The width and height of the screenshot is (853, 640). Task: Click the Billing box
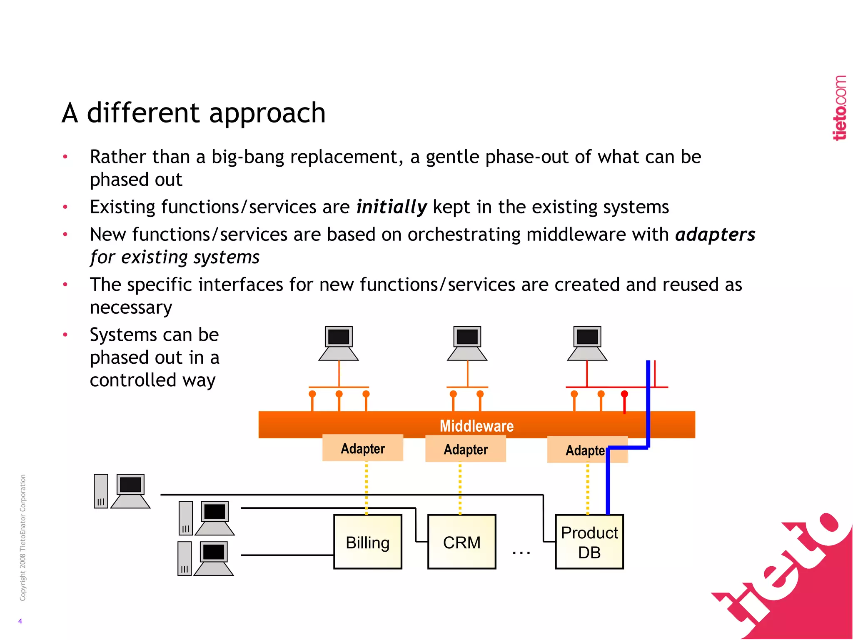pos(367,542)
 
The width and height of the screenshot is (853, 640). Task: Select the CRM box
pos(461,542)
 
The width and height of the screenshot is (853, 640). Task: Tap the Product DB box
pos(589,542)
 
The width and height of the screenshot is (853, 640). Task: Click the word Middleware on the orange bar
pos(476,426)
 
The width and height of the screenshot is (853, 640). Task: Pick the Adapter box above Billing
pos(362,448)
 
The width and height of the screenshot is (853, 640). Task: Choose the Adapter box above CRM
pos(465,449)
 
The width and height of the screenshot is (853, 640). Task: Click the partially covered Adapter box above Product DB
pos(583,450)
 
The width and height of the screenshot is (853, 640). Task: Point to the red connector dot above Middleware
pos(624,394)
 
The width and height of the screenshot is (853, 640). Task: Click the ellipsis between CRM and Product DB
pos(521,552)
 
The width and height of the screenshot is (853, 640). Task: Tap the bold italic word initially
pos(392,207)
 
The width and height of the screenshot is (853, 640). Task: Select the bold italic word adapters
pos(715,235)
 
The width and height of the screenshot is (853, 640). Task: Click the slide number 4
pos(20,621)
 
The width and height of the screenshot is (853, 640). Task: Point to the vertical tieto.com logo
pos(840,108)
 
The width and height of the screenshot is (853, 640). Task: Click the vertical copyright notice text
pos(23,537)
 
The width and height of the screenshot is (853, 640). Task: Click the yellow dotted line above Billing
pos(366,487)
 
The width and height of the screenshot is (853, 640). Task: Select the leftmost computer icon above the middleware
pos(338,343)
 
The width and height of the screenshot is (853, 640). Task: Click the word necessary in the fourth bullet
pos(131,307)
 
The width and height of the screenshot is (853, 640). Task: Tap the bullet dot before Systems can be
pos(65,335)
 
